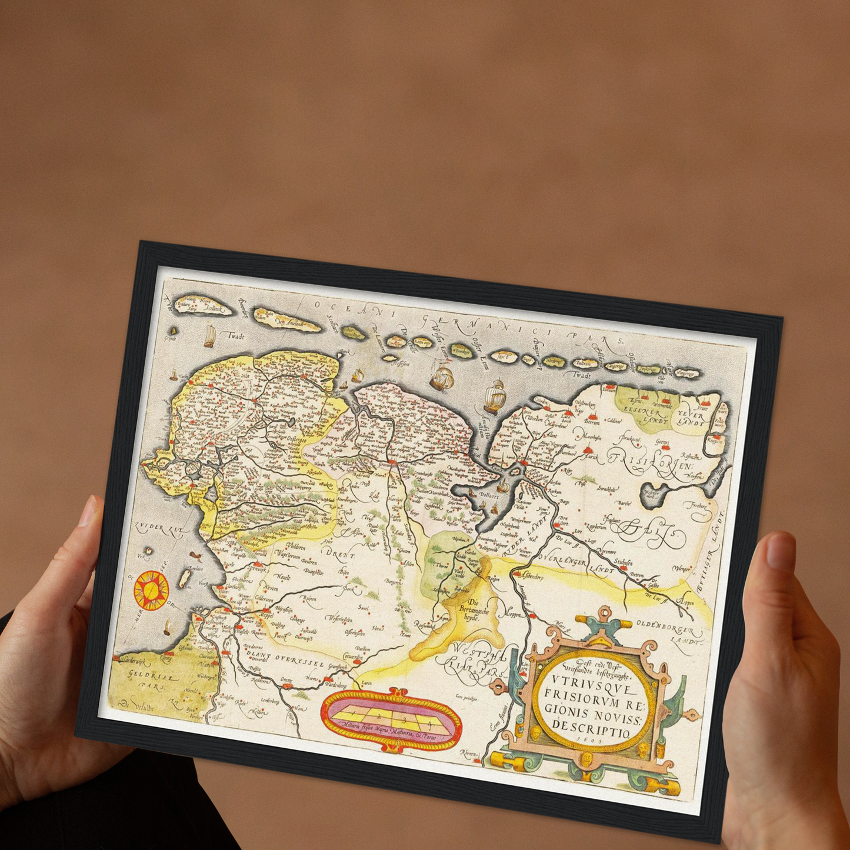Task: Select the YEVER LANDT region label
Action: (x=690, y=417)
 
